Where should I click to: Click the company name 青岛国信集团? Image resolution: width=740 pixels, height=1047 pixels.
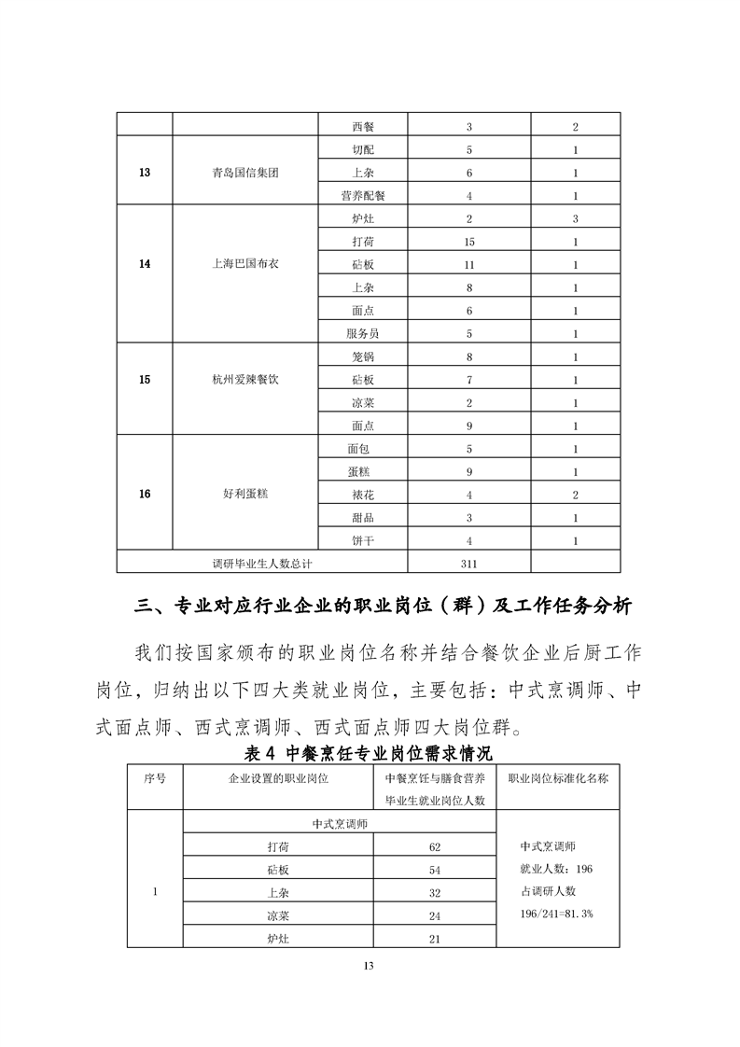click(x=245, y=173)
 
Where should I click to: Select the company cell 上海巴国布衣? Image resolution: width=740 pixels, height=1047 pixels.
click(x=245, y=263)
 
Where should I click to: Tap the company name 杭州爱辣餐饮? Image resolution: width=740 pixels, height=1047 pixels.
click(x=245, y=380)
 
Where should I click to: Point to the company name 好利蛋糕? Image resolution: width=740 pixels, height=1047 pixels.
click(x=245, y=494)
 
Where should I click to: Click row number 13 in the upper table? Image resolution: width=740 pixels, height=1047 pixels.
click(x=144, y=173)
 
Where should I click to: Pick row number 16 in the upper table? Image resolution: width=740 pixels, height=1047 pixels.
click(x=144, y=494)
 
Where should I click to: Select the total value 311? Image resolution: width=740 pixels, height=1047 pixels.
click(x=469, y=563)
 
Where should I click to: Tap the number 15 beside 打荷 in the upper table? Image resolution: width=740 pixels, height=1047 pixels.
click(x=469, y=241)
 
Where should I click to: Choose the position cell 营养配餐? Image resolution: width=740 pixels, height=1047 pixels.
click(x=363, y=196)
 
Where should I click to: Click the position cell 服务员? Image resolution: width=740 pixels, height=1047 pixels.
click(x=363, y=333)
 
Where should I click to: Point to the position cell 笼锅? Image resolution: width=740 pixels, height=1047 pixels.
click(x=363, y=356)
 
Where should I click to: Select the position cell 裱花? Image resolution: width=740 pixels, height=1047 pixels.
click(x=363, y=494)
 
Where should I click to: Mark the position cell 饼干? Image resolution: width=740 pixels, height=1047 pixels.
click(x=363, y=539)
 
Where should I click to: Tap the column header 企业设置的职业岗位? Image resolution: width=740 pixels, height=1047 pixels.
click(x=279, y=776)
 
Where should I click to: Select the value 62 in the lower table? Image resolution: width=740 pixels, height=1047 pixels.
click(x=433, y=846)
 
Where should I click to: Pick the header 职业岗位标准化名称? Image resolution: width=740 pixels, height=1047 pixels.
click(x=557, y=776)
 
